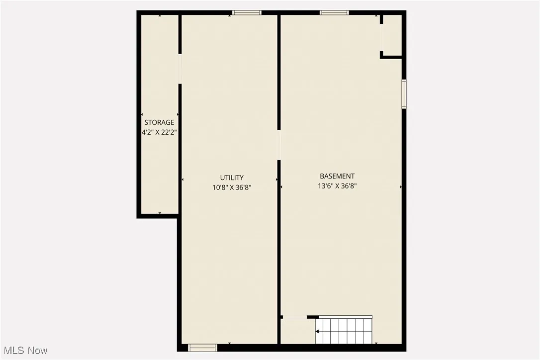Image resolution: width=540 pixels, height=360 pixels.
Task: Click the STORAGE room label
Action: coord(159,122)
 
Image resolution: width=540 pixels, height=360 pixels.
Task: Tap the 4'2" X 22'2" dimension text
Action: coord(159,133)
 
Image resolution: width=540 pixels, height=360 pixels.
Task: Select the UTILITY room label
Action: coord(232,178)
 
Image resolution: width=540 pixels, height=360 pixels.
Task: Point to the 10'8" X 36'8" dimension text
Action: coord(232,187)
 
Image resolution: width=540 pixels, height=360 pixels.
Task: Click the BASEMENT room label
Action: coord(337,176)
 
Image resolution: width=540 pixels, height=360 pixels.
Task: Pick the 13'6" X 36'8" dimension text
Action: coord(337,186)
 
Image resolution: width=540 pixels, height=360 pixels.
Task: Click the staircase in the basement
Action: coord(344,330)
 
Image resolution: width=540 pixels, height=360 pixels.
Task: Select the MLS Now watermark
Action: coord(24,351)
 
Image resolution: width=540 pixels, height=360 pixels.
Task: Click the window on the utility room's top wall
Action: coord(247,13)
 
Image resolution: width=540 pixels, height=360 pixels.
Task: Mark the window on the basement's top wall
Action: coord(334,13)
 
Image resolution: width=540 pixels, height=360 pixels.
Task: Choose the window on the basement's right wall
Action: coord(404,93)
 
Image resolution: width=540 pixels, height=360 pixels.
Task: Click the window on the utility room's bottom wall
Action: coord(203,348)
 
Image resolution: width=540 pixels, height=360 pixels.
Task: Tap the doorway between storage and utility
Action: coord(180,69)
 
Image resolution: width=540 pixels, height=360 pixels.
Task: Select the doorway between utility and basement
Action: coord(279,145)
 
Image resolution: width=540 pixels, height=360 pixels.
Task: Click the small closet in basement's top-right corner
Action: coord(392,35)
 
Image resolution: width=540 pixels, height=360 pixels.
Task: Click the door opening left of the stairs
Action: coord(294,317)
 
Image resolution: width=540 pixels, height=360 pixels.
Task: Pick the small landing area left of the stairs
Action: coord(297,331)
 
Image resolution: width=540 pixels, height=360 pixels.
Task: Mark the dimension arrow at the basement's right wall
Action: coord(401,187)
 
